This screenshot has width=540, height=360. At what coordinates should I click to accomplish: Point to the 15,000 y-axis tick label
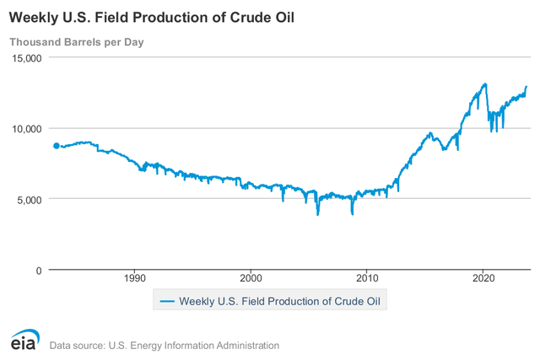[27, 57]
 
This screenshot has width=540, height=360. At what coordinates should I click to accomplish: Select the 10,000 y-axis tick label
[27, 128]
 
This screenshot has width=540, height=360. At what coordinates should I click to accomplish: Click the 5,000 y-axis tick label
[30, 199]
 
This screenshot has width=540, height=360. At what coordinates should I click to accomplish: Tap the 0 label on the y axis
[39, 270]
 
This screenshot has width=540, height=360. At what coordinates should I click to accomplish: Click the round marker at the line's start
[57, 146]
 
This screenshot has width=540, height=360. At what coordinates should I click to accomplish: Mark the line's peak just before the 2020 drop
[484, 84]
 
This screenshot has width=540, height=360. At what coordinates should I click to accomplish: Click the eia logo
[23, 339]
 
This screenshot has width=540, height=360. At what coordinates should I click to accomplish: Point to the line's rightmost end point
[526, 87]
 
